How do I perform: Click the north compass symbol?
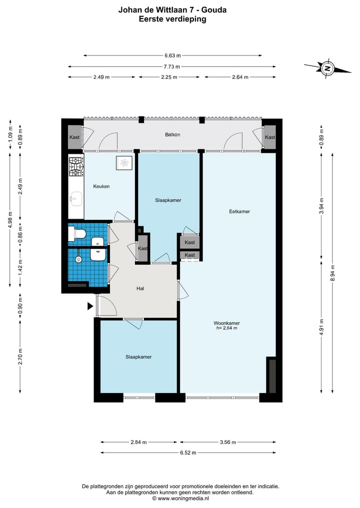tap(328, 68)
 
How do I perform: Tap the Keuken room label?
tap(101, 186)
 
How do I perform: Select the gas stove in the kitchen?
tap(76, 166)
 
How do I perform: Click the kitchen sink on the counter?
tap(76, 199)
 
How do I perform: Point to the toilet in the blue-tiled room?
tap(77, 234)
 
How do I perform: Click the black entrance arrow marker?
tap(90, 306)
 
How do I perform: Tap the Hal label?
tap(140, 288)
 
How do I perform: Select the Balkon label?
tap(172, 134)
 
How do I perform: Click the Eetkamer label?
tap(239, 211)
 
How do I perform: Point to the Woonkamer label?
tap(226, 323)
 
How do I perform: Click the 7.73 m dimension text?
tap(172, 67)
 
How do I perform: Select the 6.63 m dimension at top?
tap(172, 55)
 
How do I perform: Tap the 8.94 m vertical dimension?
tap(332, 273)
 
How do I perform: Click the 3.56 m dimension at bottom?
tap(228, 442)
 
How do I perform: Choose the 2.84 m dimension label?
tap(138, 442)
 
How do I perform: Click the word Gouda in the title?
tap(214, 10)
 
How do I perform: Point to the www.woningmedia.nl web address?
tap(183, 499)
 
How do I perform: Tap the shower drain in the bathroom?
tap(78, 259)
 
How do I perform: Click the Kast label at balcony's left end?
tap(74, 137)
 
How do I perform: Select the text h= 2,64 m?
tap(226, 328)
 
